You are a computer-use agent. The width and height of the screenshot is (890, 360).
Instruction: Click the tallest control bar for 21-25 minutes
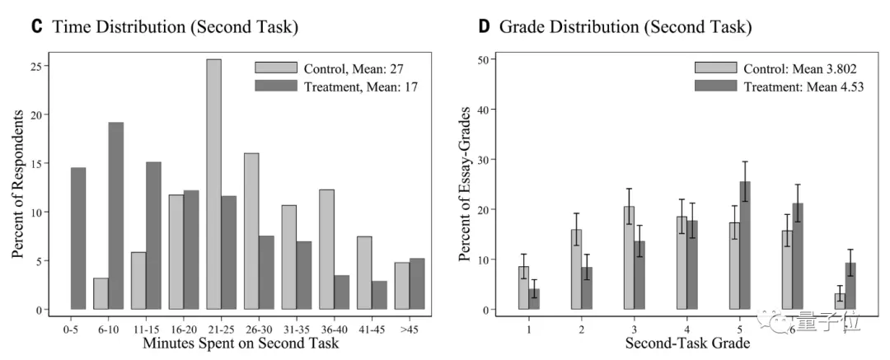213,185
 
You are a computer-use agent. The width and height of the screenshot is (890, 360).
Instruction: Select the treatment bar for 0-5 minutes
79,239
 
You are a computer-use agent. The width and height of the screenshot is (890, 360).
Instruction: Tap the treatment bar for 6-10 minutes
116,216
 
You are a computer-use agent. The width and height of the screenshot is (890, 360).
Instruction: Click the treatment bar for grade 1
535,299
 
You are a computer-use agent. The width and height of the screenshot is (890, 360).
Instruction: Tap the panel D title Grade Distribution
626,27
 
